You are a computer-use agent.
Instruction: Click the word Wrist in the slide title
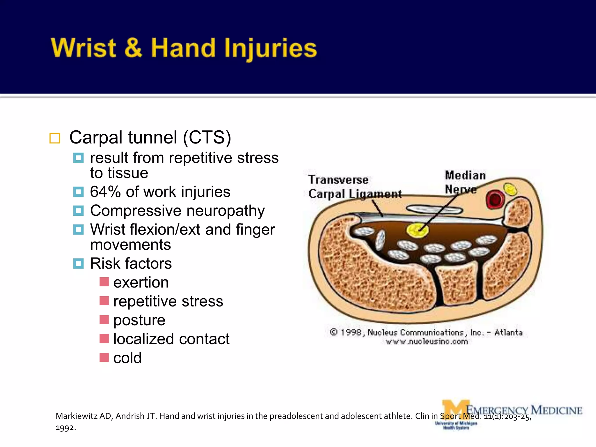[83, 48]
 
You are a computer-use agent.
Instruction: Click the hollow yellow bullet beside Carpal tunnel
[55, 138]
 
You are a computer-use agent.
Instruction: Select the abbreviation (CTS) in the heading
[207, 137]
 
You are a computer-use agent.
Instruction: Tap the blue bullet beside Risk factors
[78, 263]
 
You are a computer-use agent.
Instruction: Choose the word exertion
[141, 282]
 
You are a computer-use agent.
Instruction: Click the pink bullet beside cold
[104, 357]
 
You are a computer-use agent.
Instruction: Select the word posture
[139, 320]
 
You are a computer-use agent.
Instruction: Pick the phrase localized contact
[171, 339]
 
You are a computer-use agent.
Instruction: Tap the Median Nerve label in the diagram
[465, 182]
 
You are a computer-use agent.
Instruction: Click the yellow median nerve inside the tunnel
[417, 230]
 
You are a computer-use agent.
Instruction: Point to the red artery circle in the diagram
[495, 200]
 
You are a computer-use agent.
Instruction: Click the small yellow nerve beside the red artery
[510, 190]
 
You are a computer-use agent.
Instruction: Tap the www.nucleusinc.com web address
[427, 342]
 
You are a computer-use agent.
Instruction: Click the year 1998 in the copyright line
[351, 332]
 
